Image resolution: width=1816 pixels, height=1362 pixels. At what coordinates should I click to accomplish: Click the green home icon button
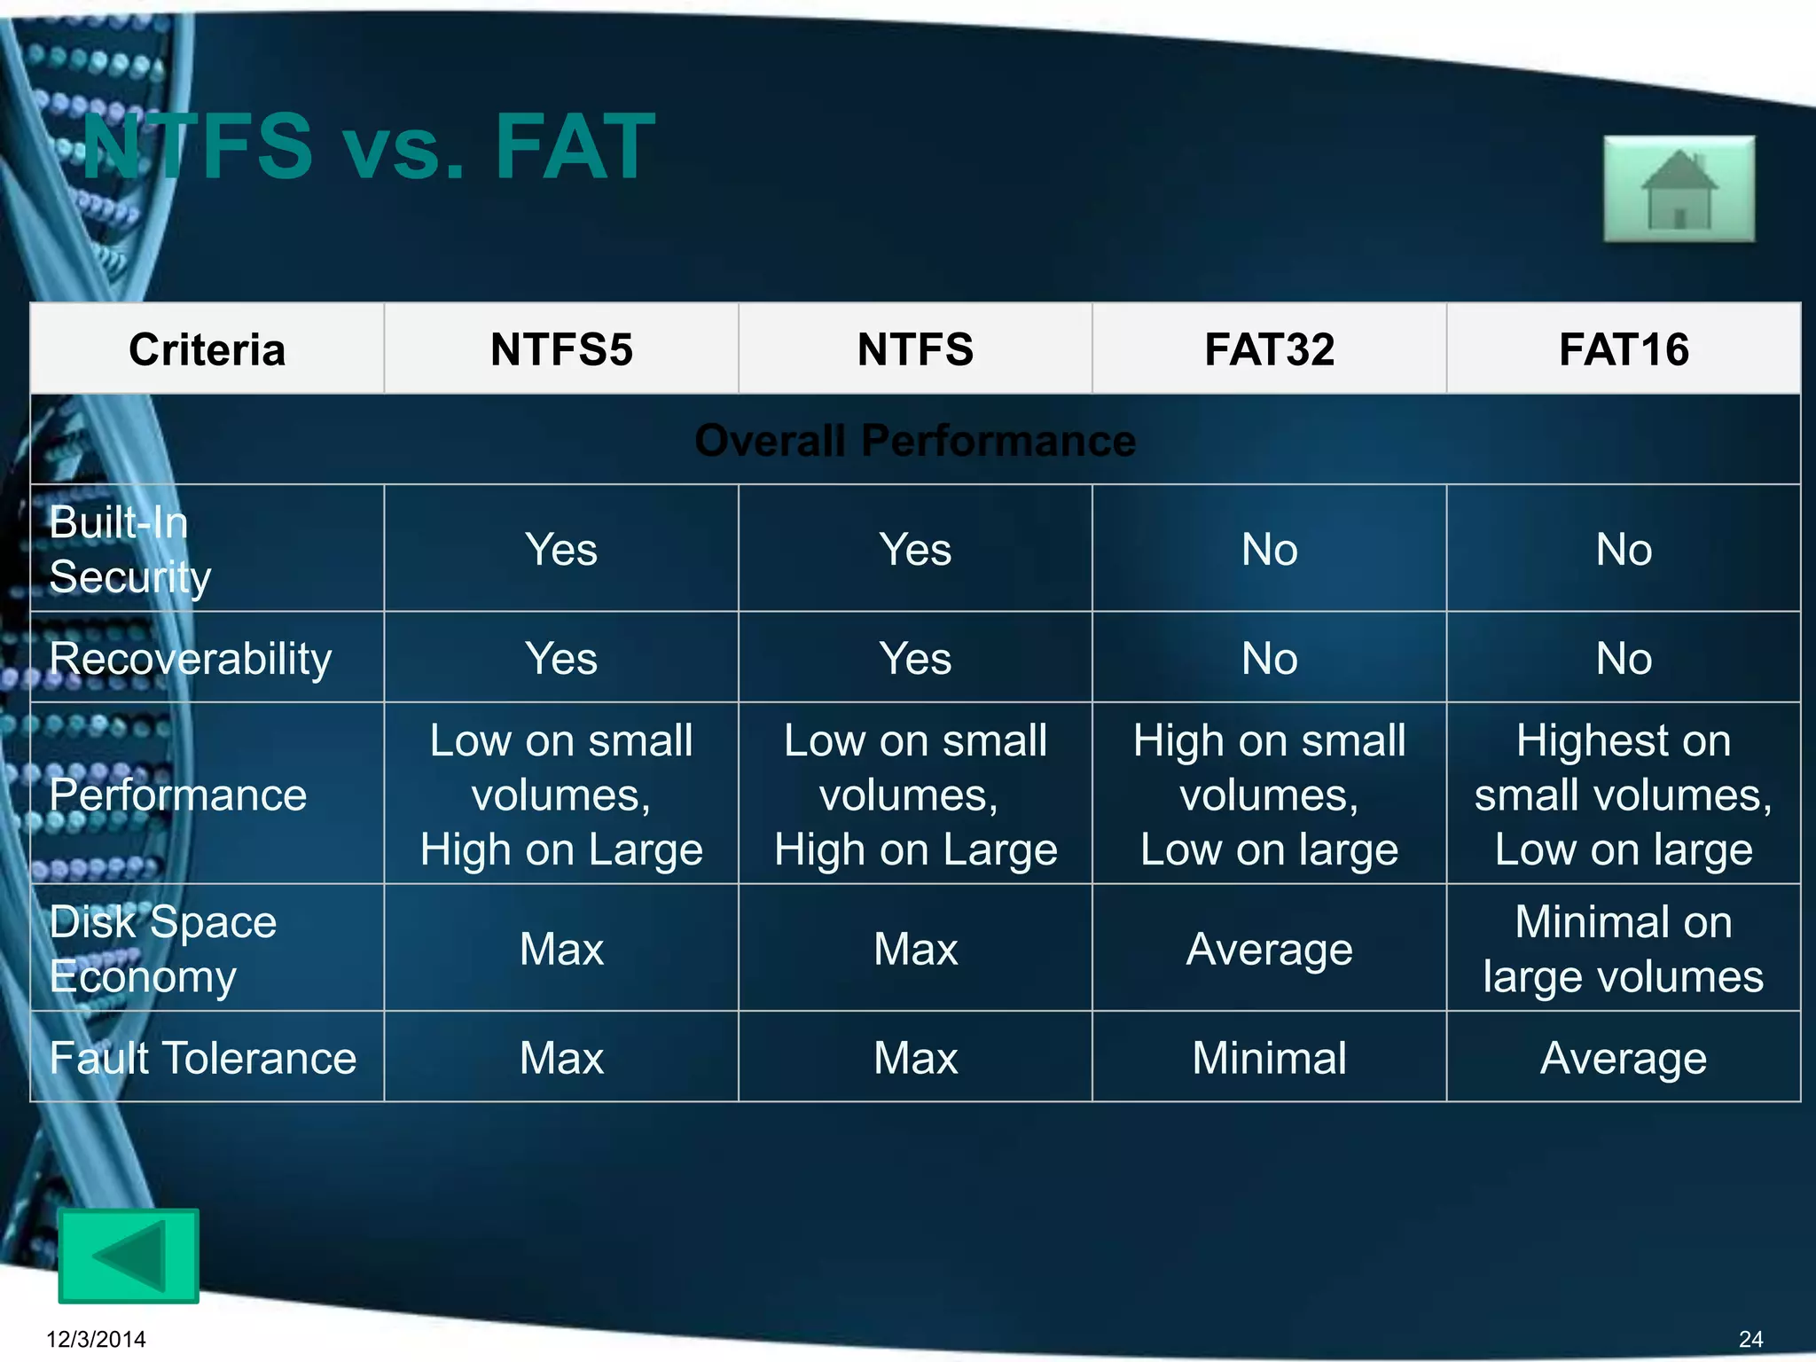1679,189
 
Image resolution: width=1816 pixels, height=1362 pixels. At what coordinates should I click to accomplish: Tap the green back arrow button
129,1256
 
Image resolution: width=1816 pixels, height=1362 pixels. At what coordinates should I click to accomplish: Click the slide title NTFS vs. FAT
369,147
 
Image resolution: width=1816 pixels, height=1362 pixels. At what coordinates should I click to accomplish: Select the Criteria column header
207,349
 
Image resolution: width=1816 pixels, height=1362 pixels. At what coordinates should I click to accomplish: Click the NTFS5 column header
561,349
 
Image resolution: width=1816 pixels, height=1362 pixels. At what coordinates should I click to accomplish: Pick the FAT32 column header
1269,349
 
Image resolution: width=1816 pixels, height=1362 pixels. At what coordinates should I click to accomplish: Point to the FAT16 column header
1624,349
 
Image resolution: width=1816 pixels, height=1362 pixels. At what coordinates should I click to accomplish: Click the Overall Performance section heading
915,441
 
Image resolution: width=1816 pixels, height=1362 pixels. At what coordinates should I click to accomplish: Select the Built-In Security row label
130,549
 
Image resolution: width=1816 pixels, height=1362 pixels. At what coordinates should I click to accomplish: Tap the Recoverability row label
191,658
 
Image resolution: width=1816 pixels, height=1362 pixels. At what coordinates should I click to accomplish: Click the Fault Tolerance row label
203,1058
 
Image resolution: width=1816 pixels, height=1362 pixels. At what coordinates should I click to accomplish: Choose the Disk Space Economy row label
163,949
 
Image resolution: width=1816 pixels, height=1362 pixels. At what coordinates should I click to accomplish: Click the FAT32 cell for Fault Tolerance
1269,1058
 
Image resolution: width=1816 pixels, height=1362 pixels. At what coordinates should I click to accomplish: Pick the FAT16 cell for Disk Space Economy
1624,949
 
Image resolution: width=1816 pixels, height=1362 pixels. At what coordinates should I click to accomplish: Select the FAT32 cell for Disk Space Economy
1269,949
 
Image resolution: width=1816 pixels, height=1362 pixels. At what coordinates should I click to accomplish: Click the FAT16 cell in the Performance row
1624,794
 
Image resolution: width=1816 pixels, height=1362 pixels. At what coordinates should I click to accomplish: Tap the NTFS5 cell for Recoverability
561,658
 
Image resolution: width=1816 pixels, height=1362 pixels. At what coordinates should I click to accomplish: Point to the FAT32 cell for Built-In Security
1269,549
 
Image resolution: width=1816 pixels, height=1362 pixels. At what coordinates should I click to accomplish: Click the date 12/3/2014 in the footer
96,1339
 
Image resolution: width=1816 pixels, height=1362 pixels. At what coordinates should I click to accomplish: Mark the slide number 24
1750,1339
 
